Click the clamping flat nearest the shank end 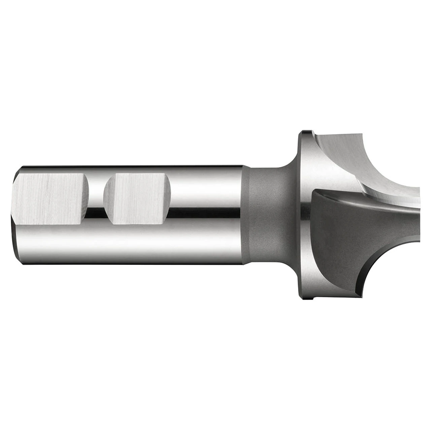point(51,199)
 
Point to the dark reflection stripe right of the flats point(205,211)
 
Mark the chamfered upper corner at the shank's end point(18,175)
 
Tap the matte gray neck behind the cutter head point(266,215)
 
